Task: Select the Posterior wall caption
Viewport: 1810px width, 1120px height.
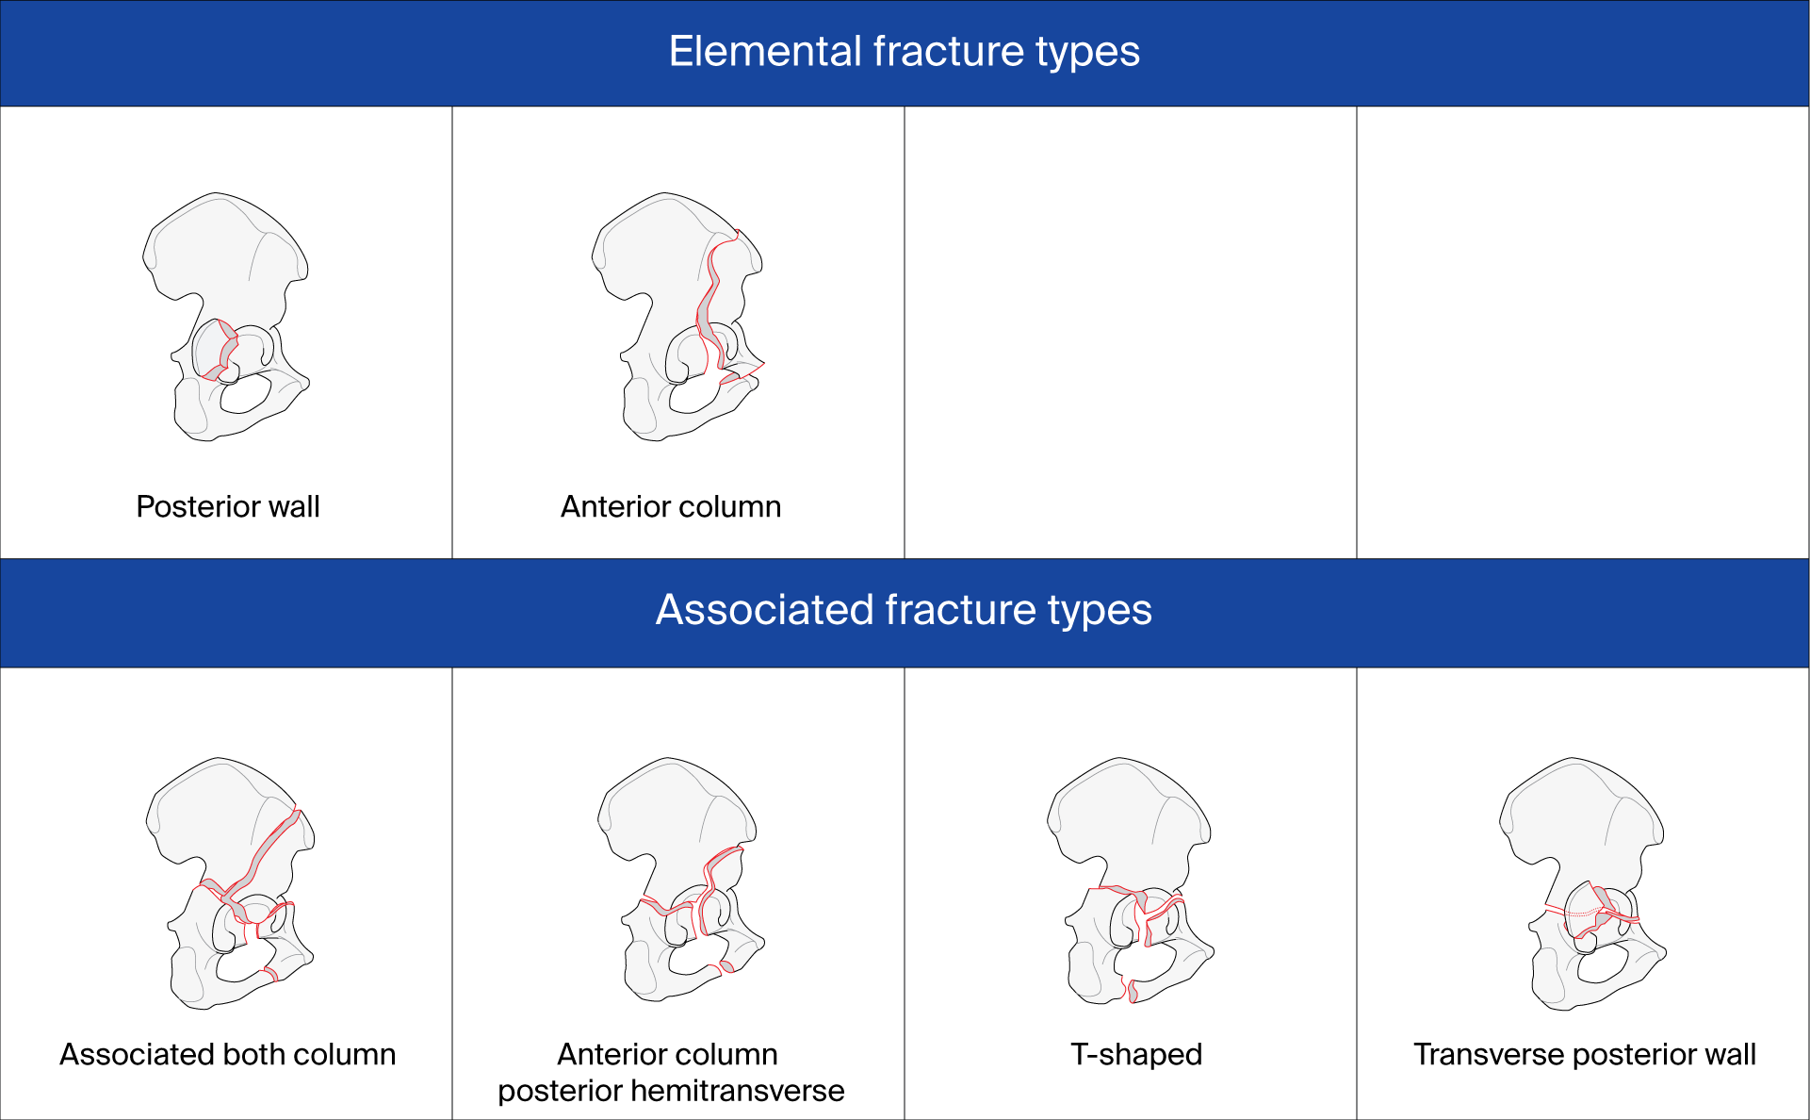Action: click(228, 506)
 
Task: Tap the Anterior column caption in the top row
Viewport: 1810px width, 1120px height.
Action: click(670, 506)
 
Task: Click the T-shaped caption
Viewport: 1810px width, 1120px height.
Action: click(1135, 1054)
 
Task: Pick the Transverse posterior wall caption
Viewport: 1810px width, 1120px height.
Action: click(1584, 1054)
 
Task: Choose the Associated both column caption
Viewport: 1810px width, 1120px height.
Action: click(228, 1054)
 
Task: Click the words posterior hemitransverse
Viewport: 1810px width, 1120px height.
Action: click(671, 1091)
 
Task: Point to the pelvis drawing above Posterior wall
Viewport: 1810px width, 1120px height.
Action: click(226, 283)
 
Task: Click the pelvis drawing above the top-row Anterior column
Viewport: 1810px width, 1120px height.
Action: click(674, 283)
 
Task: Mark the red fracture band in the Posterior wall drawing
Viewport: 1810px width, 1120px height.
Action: click(228, 352)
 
